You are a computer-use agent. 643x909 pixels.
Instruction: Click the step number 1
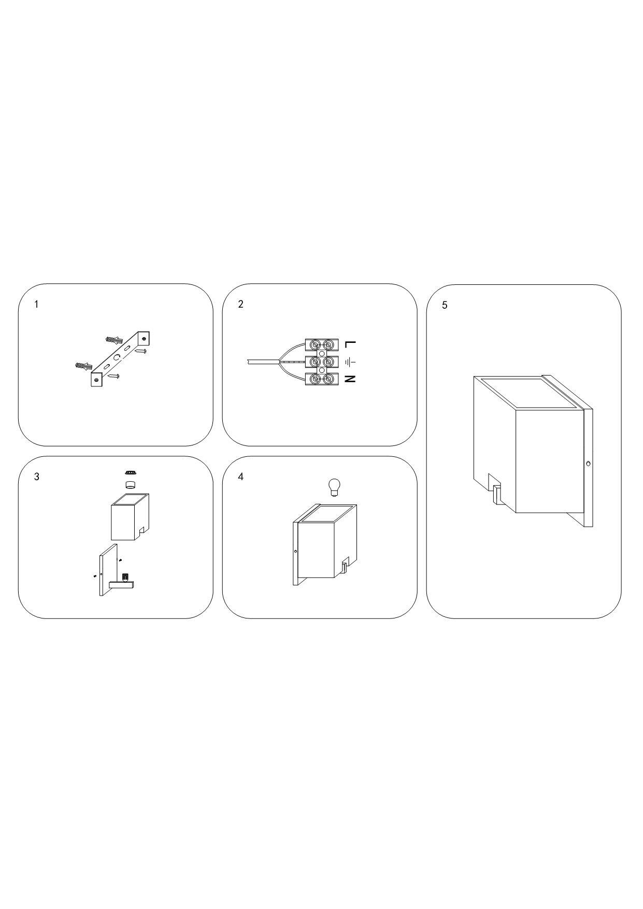click(36, 305)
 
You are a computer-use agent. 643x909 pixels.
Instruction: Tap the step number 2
click(240, 304)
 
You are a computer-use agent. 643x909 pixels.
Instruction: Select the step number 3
click(36, 477)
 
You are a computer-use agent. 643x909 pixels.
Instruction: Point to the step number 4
click(240, 477)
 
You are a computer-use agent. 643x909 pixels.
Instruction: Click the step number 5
click(445, 305)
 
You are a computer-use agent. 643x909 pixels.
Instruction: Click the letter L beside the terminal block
click(350, 343)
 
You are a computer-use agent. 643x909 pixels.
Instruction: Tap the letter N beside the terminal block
click(350, 379)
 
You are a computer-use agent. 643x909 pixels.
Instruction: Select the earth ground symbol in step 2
click(350, 361)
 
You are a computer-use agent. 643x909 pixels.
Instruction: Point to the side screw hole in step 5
click(588, 464)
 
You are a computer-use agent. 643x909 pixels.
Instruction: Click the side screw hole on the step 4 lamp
click(295, 551)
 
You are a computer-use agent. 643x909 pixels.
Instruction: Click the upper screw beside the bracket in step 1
click(141, 351)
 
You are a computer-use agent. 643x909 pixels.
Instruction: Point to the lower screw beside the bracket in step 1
click(113, 376)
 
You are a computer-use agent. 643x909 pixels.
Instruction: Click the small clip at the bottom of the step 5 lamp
click(497, 494)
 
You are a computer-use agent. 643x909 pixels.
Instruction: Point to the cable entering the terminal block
click(264, 362)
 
